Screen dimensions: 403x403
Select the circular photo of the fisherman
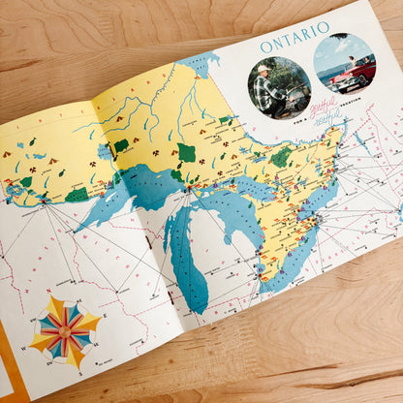(278, 88)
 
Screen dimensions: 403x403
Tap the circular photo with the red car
(344, 63)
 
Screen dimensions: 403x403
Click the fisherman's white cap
(263, 70)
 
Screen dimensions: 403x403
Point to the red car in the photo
(352, 70)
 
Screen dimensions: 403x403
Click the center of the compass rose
(65, 329)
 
